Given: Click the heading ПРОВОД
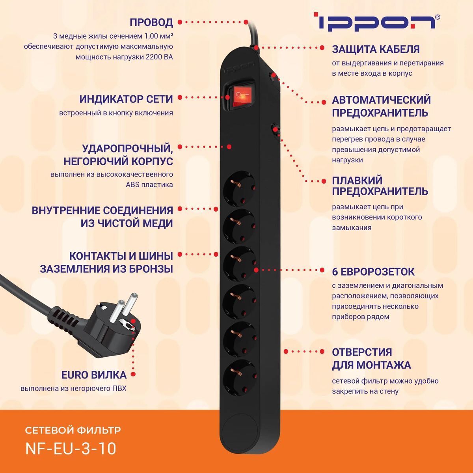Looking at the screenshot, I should tap(151, 22).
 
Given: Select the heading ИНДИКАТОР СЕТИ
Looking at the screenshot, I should tap(126, 99).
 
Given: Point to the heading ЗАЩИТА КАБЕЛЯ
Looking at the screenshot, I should tap(376, 49).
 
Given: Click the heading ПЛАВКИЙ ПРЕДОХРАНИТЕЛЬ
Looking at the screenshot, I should tap(380, 186).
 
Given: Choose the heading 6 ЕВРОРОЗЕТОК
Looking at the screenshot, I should tap(373, 272).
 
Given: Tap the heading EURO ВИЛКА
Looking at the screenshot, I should tap(94, 374).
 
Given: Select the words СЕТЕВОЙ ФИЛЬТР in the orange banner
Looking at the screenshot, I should tap(73, 430).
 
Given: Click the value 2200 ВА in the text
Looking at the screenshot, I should tap(159, 57).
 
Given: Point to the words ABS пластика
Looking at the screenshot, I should tap(149, 184).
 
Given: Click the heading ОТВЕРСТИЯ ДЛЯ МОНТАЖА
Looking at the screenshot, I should tap(371, 358).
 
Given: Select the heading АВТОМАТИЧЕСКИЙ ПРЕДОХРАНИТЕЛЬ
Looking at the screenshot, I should tap(381, 106).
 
